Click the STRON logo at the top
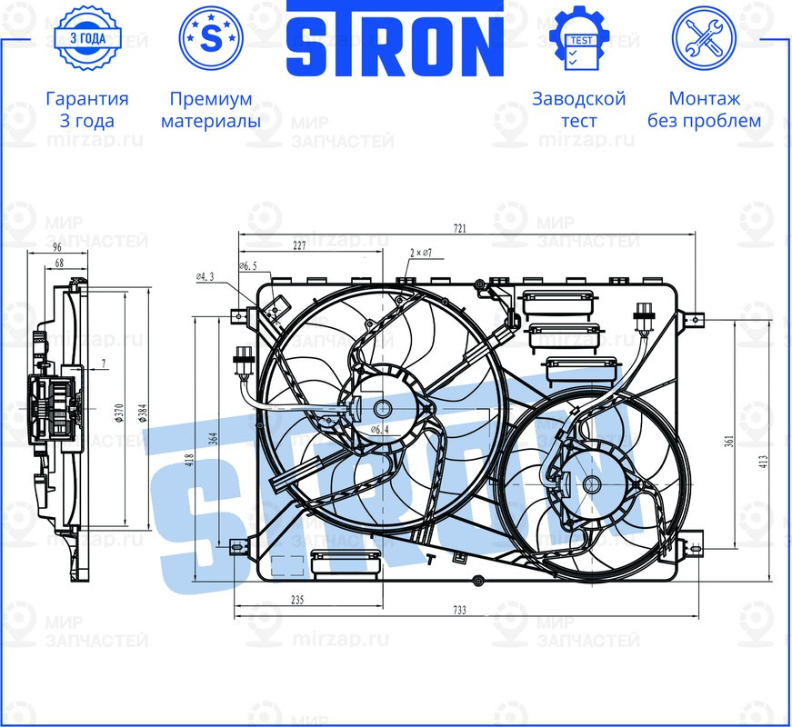[396, 40]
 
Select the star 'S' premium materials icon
[210, 38]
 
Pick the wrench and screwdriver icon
[703, 38]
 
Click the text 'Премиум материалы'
[210, 109]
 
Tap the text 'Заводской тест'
[578, 109]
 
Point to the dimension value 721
[459, 229]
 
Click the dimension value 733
[459, 611]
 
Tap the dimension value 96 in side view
[57, 247]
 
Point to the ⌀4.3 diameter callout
[205, 276]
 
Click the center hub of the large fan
[382, 409]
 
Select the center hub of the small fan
[591, 484]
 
